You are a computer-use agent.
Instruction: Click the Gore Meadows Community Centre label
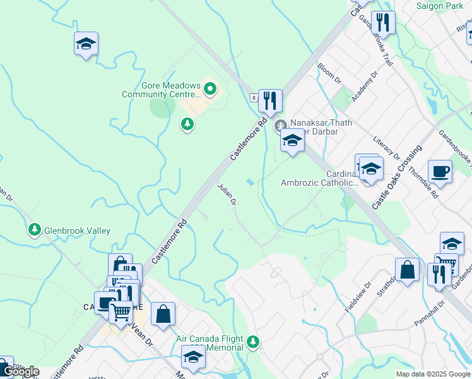(161, 90)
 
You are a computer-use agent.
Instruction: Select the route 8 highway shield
(253, 98)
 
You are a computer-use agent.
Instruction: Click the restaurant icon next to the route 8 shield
(270, 100)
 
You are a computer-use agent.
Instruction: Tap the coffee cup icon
(440, 171)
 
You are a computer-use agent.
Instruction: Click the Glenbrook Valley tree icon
(35, 231)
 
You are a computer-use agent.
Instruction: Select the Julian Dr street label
(227, 194)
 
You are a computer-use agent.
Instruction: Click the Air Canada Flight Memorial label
(209, 343)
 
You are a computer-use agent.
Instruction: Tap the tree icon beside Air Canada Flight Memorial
(253, 342)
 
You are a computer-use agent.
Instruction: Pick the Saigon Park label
(440, 6)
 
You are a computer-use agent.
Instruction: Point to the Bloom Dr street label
(329, 73)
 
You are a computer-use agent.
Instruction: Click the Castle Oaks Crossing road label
(396, 177)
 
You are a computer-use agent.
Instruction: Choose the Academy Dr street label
(364, 87)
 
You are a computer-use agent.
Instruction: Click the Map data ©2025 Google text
(433, 374)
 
